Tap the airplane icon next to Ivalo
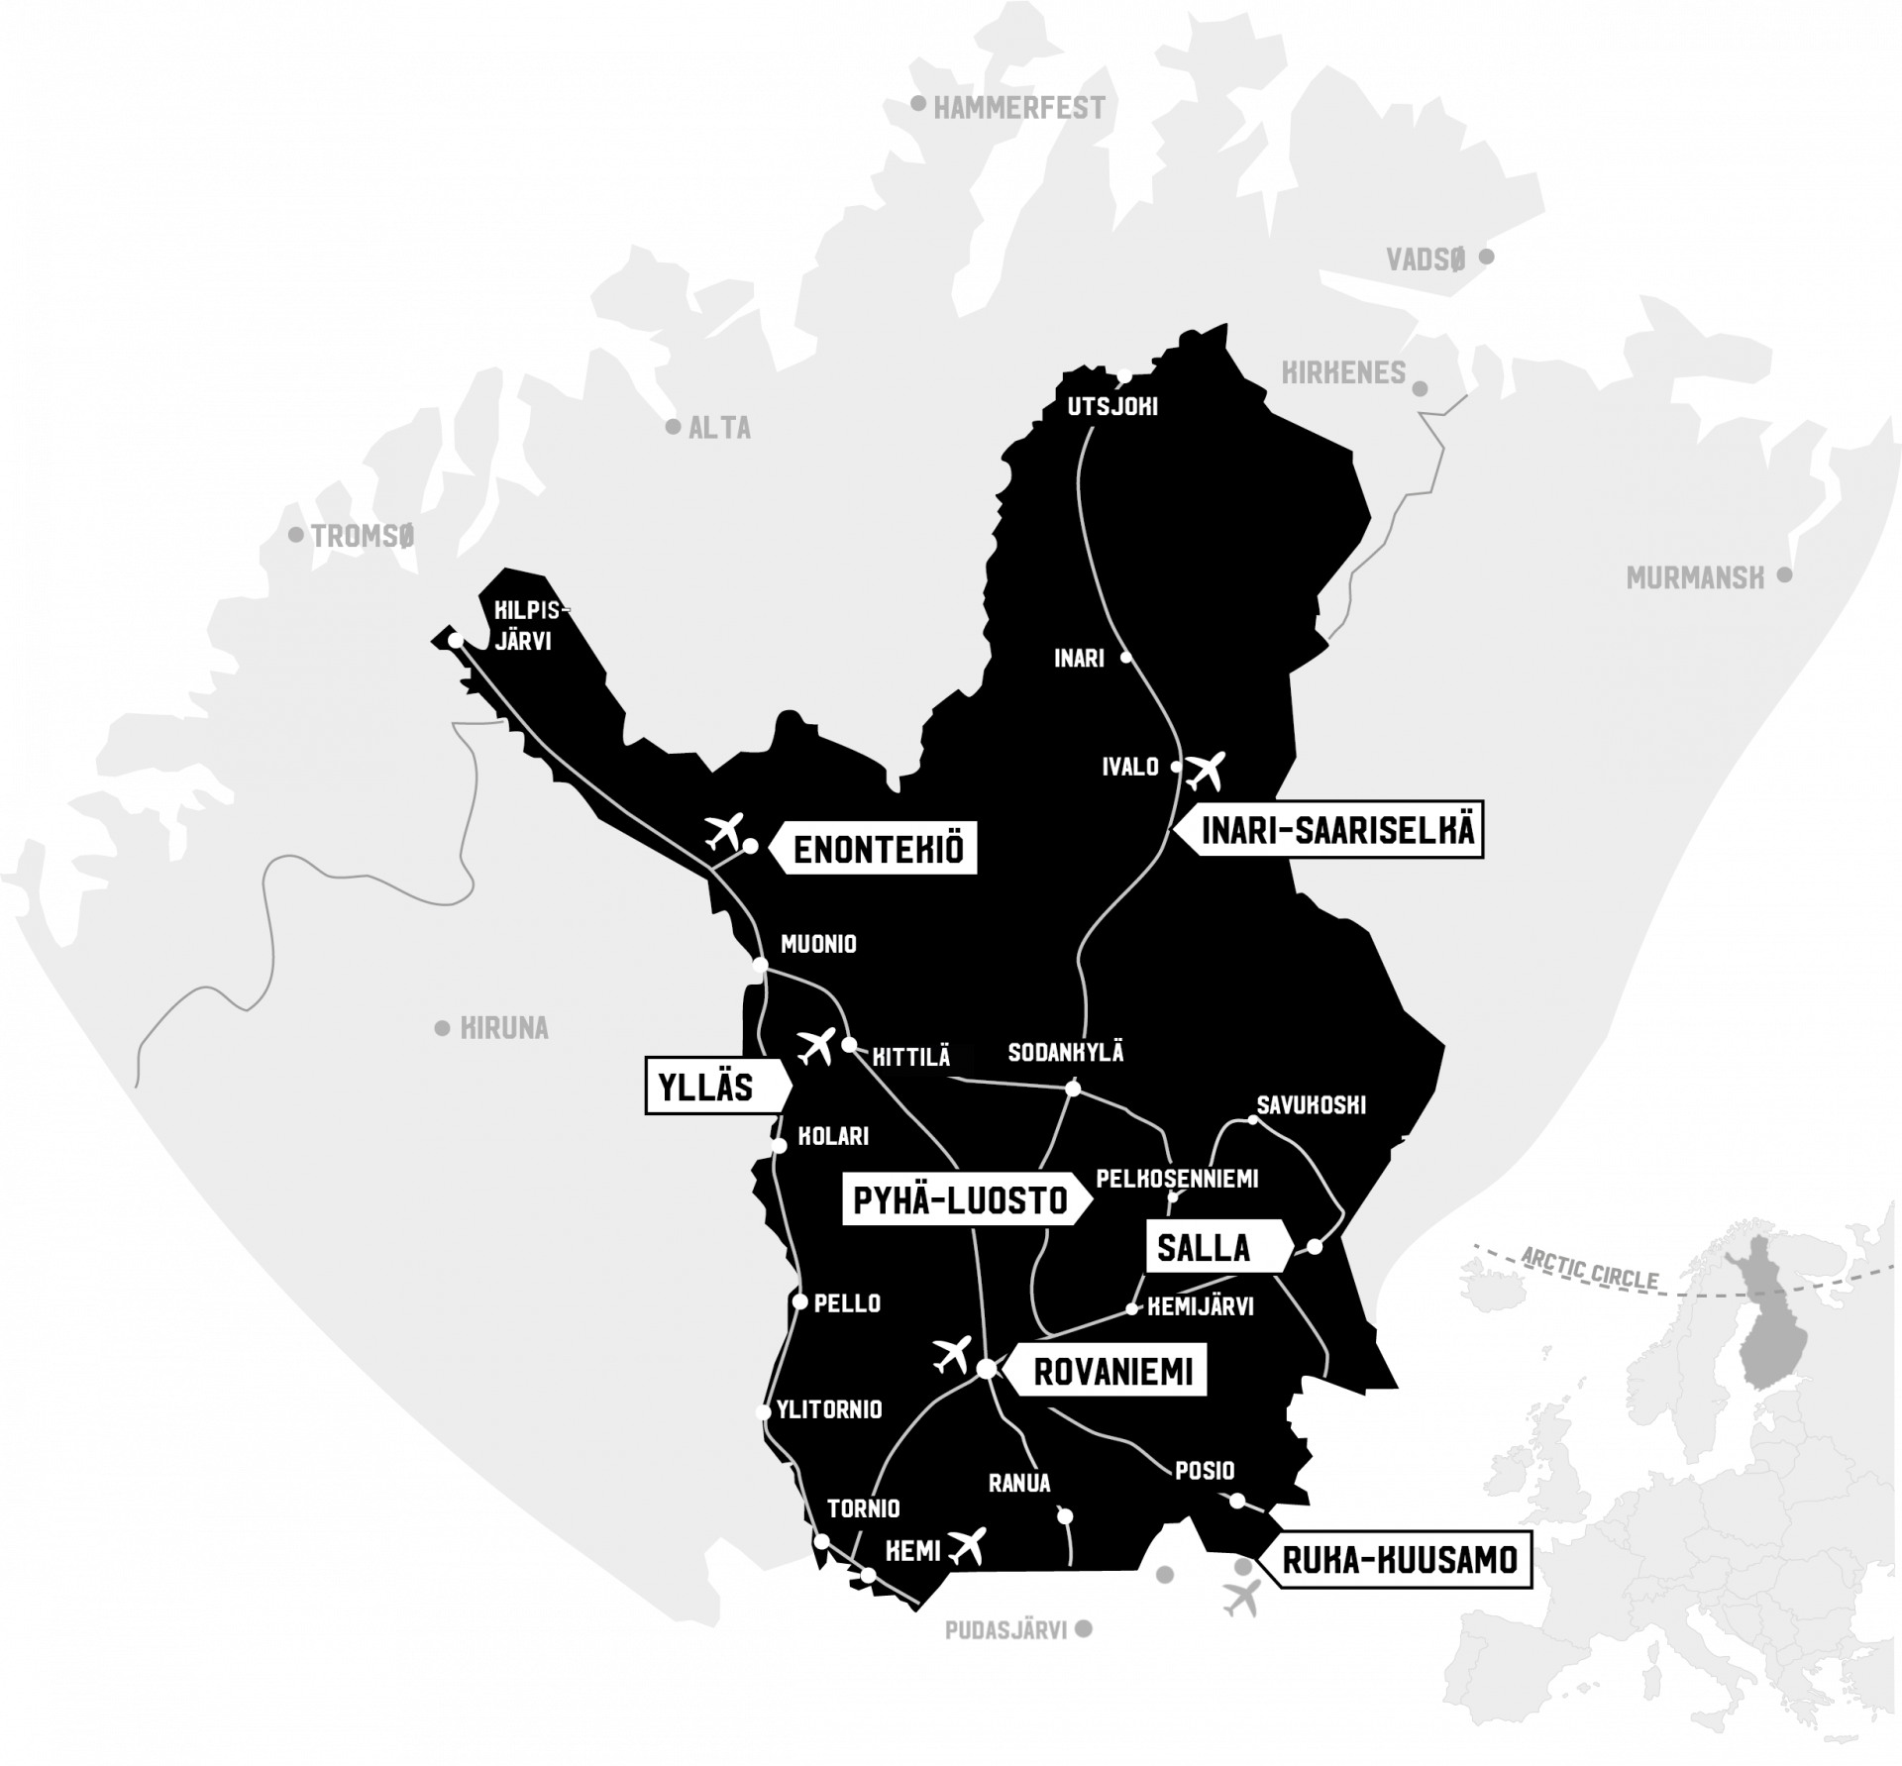(x=1206, y=769)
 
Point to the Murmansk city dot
(x=1784, y=574)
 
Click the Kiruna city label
(x=504, y=1029)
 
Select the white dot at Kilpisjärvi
(x=456, y=641)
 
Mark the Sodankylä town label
(x=1066, y=1053)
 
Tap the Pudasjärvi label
(x=1005, y=1630)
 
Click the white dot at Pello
(x=800, y=1301)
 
